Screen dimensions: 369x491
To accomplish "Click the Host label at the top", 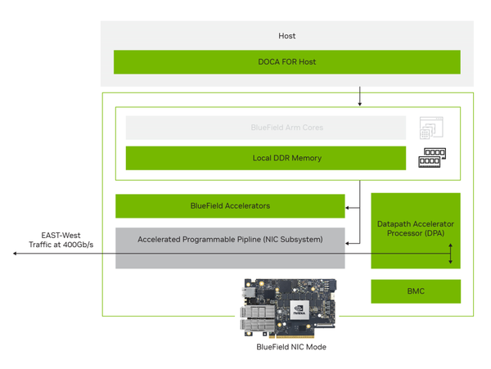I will (x=286, y=36).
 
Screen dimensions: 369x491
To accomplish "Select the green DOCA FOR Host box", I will (x=286, y=61).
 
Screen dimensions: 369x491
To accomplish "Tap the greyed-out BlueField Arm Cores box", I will (x=265, y=128).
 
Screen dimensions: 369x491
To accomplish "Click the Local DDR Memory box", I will (x=265, y=158).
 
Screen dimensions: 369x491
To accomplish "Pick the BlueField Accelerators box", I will (x=230, y=206).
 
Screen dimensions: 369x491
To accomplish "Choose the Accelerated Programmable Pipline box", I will (x=230, y=240).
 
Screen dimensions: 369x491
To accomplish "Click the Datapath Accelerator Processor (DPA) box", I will (x=416, y=229).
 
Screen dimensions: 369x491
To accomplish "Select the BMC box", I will (x=416, y=290).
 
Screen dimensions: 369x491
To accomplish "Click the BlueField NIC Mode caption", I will (x=291, y=347).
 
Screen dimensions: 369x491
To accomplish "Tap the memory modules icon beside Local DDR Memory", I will (x=432, y=158).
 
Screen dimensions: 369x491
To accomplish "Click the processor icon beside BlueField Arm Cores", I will (x=431, y=128).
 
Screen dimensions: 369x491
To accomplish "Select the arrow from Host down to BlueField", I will (x=360, y=96).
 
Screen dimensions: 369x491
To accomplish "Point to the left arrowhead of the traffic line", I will (x=16, y=254).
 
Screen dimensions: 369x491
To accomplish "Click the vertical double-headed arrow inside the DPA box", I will (x=449, y=254).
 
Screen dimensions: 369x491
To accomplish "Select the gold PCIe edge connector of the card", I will (x=294, y=335).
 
